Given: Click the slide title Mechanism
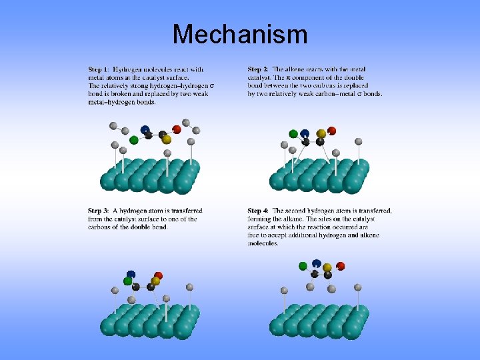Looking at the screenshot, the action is point(240,34).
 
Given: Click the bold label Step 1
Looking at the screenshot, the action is point(99,69).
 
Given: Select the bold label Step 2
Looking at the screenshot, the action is point(258,69).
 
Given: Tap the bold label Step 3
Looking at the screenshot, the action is point(99,211).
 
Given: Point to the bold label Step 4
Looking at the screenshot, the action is point(258,211).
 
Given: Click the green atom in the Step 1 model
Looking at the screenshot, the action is point(134,139).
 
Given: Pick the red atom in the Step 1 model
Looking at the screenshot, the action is point(177,129).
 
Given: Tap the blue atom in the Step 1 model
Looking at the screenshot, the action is point(145,129).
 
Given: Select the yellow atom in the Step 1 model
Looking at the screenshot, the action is point(167,139).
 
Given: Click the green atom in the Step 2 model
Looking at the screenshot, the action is point(293,134).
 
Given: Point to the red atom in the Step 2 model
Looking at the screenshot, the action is point(331,131).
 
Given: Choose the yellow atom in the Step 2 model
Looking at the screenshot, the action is point(321,134).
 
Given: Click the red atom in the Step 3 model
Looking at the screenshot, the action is point(158,275).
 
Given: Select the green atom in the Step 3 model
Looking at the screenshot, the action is point(127,281).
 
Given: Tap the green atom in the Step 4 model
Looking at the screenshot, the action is point(303,266).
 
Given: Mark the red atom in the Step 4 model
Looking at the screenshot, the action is point(341,266).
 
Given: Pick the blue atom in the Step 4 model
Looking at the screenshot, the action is point(316,263).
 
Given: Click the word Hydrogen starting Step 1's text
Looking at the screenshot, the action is point(126,69).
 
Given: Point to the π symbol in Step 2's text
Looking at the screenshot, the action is point(307,77).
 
